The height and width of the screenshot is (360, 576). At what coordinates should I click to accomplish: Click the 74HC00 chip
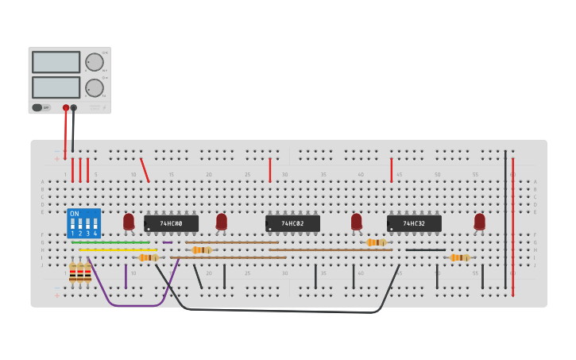(171, 223)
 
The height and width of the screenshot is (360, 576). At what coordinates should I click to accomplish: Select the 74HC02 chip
(292, 223)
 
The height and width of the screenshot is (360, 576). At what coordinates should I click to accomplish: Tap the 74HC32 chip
(414, 223)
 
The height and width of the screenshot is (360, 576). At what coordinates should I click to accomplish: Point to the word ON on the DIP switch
(75, 214)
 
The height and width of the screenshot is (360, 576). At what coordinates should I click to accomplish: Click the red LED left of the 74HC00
(129, 221)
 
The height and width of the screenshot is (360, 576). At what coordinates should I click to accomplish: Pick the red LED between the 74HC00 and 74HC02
(222, 221)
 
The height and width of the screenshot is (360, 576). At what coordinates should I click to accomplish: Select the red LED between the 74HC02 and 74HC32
(357, 221)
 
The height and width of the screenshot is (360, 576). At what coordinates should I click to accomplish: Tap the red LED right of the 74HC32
(479, 221)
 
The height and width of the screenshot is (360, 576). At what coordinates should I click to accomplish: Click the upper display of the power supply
(56, 62)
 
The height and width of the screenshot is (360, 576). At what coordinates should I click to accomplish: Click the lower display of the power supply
(56, 87)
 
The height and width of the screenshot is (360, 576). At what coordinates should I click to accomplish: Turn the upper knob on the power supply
(94, 62)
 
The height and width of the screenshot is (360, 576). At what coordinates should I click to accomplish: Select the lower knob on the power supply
(94, 87)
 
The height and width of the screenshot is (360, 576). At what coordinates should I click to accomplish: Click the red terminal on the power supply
(66, 107)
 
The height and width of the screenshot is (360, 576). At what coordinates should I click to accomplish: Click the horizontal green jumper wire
(111, 242)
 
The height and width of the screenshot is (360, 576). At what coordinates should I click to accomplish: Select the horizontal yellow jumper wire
(119, 250)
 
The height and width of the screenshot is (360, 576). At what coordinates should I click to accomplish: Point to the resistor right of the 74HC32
(459, 257)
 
